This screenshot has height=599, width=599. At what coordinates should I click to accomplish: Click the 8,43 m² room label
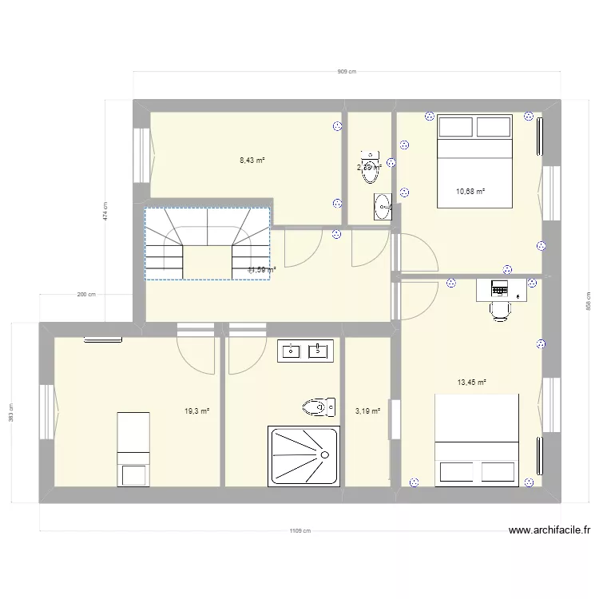252,160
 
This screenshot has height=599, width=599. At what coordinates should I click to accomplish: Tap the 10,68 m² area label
470,191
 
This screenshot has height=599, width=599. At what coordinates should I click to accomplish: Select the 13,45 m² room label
472,382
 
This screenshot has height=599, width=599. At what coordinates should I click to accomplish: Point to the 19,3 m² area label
196,411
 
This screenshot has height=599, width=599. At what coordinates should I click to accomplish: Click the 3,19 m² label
367,411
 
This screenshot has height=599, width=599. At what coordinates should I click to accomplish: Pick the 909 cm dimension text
347,72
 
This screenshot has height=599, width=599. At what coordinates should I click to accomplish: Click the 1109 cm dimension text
301,531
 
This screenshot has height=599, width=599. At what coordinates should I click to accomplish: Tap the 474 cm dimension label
105,211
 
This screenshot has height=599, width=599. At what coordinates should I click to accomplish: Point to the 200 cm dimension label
86,295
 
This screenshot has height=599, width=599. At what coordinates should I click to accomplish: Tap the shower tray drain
325,454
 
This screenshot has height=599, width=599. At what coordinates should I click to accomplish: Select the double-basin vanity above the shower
304,349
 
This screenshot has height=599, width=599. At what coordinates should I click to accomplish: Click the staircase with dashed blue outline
208,244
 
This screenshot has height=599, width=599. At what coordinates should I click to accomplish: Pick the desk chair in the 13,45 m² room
500,309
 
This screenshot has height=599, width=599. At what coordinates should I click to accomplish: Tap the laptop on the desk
500,288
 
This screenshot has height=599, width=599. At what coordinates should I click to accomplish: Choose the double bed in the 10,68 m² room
474,160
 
